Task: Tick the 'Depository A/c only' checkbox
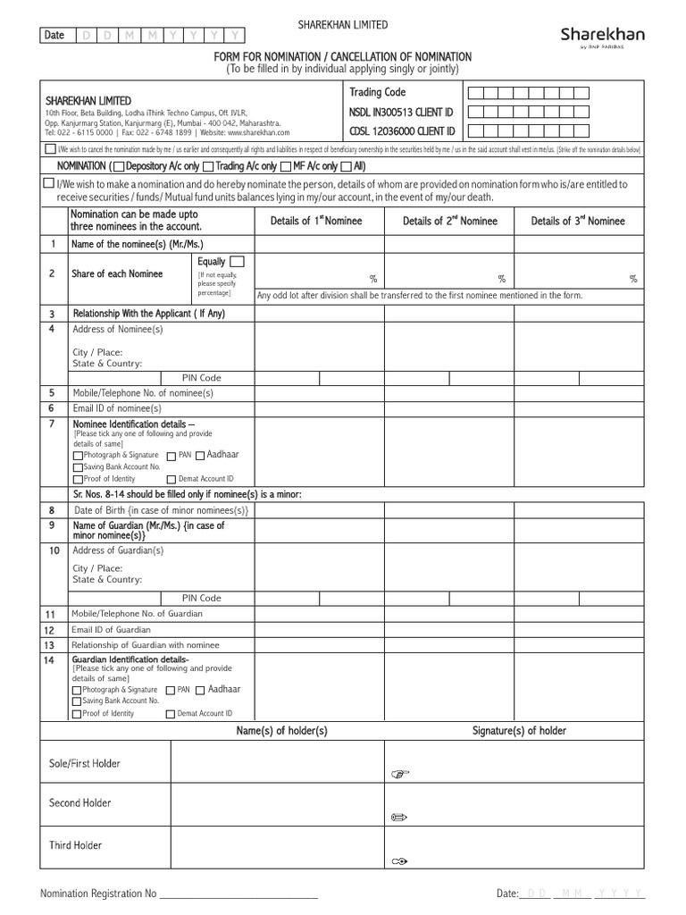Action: coord(120,166)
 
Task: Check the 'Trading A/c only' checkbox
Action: coord(208,166)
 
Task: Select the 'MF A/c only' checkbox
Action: coord(285,166)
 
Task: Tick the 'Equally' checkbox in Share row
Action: coord(237,262)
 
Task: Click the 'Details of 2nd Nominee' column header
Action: coord(450,221)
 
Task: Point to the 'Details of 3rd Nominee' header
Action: coord(578,221)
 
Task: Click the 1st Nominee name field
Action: coord(320,244)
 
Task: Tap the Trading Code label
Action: coord(377,92)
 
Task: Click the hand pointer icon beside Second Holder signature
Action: coord(399,817)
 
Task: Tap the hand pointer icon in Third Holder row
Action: coord(399,860)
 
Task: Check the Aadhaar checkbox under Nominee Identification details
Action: coord(200,455)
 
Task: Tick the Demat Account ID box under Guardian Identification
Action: coord(171,714)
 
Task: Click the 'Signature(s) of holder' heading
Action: coord(519,731)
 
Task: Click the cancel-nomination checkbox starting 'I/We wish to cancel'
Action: coord(48,150)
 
